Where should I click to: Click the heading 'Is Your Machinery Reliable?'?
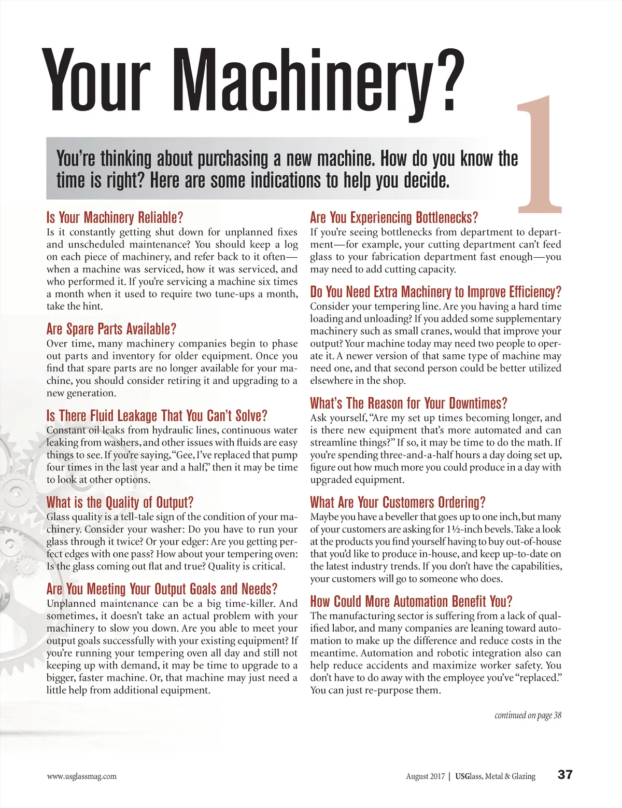[x=115, y=217]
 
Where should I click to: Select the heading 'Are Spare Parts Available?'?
[x=111, y=329]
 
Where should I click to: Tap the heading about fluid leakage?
[x=157, y=415]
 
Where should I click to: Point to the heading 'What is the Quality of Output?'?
[x=120, y=502]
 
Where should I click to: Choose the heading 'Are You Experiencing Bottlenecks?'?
[x=394, y=217]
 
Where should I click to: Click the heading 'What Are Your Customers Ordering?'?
[x=398, y=502]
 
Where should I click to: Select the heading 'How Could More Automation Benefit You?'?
[x=411, y=601]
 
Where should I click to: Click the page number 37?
[x=565, y=775]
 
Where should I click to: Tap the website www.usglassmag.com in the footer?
[x=81, y=776]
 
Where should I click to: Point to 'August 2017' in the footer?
[x=425, y=776]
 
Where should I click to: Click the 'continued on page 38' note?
[x=528, y=716]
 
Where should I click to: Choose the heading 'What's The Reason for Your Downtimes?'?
[x=408, y=403]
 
